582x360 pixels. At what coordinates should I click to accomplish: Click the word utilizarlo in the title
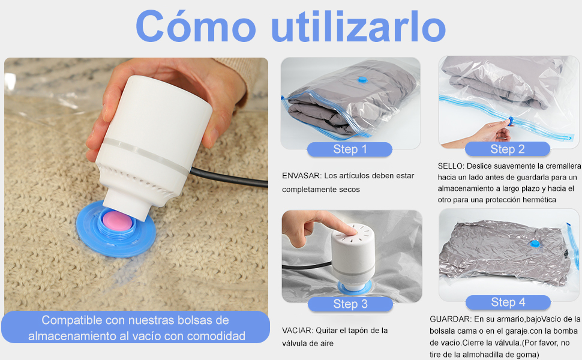(x=359, y=26)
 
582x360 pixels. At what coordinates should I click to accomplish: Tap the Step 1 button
(x=350, y=149)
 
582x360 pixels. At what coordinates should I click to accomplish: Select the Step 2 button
(x=508, y=149)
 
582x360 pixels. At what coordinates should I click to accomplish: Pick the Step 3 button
(x=350, y=304)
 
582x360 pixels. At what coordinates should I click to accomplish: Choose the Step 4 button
(x=508, y=302)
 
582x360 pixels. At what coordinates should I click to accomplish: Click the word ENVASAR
(x=301, y=176)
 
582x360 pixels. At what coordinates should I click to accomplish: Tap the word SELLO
(x=450, y=166)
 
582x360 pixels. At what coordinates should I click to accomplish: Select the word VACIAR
(x=297, y=330)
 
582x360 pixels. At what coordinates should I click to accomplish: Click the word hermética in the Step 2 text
(x=537, y=199)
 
